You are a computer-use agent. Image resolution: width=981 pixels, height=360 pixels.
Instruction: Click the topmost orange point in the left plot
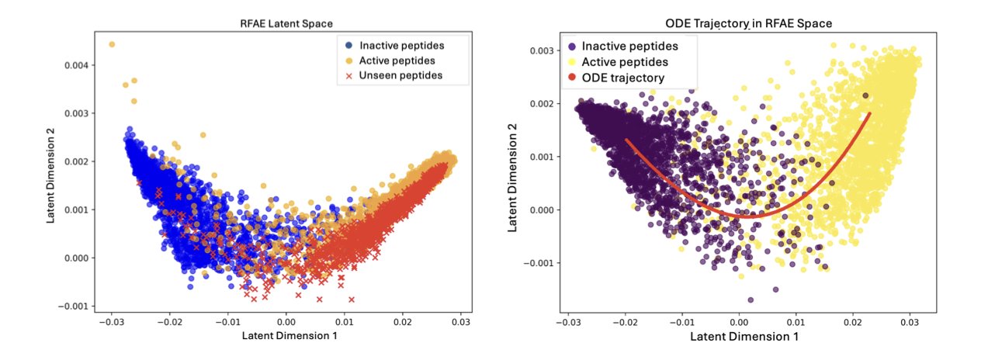pos(112,44)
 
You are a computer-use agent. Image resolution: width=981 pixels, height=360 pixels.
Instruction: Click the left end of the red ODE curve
pos(627,140)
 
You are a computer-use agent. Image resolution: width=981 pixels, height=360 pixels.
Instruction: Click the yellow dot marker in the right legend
pos(570,61)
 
